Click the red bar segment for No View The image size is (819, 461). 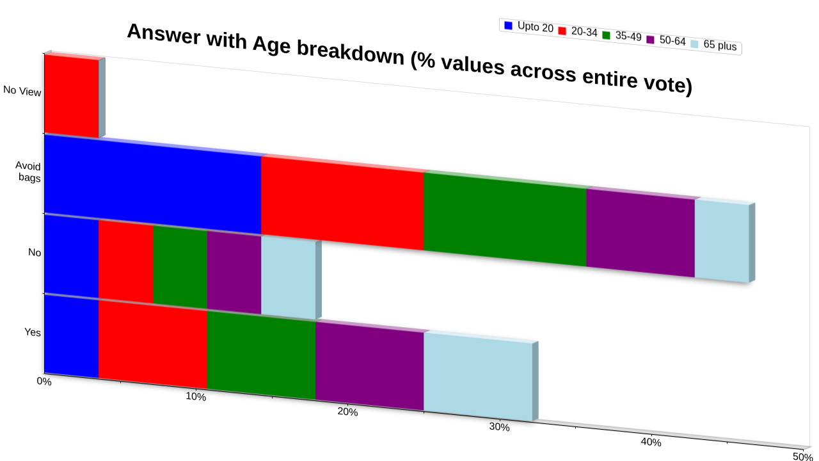72,96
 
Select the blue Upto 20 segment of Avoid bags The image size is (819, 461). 153,184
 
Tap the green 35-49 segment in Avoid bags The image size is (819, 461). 505,219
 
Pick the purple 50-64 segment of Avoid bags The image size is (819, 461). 640,232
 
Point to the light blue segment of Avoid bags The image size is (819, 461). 722,241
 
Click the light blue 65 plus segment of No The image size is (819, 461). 289,277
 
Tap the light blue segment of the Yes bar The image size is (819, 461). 478,376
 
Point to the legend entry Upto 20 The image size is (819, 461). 529,26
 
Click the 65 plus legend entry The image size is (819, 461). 713,45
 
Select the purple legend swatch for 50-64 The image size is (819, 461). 651,40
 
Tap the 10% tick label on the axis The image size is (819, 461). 196,396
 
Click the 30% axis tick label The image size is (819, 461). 500,427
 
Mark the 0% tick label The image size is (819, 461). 44,381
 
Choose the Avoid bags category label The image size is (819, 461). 28,172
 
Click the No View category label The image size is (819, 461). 22,91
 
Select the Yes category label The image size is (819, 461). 33,332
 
